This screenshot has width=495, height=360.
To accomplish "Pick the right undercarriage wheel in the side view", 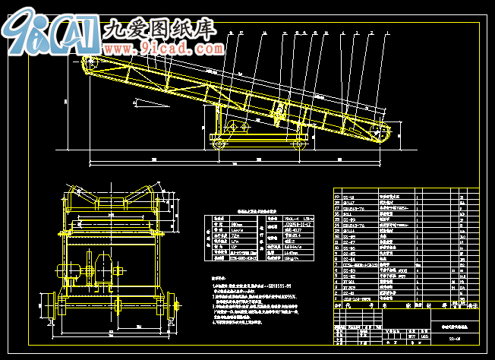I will click(298, 144).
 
